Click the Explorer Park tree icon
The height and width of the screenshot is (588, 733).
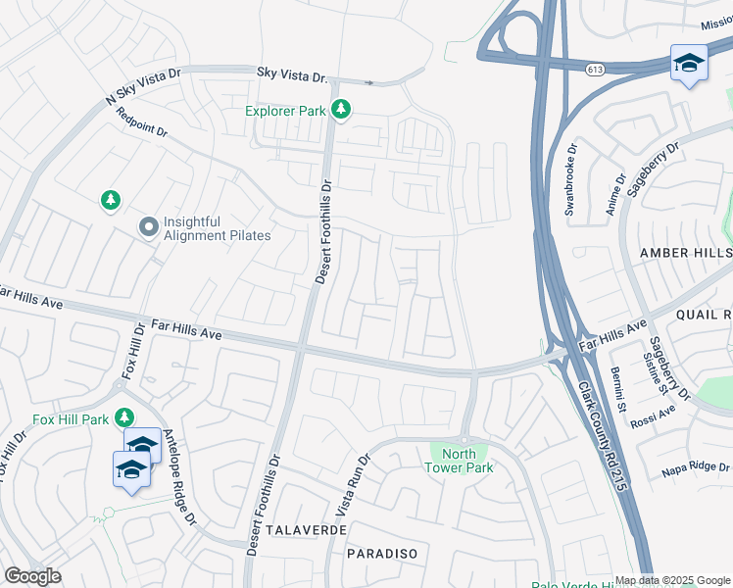(341, 111)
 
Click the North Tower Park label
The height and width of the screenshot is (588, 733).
(459, 461)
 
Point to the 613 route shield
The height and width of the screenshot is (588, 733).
(595, 70)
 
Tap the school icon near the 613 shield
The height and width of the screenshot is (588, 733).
(688, 65)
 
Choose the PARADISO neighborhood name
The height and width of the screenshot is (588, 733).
(382, 554)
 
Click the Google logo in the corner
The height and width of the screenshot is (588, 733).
(32, 576)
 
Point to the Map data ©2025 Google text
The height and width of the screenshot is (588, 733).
(671, 580)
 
